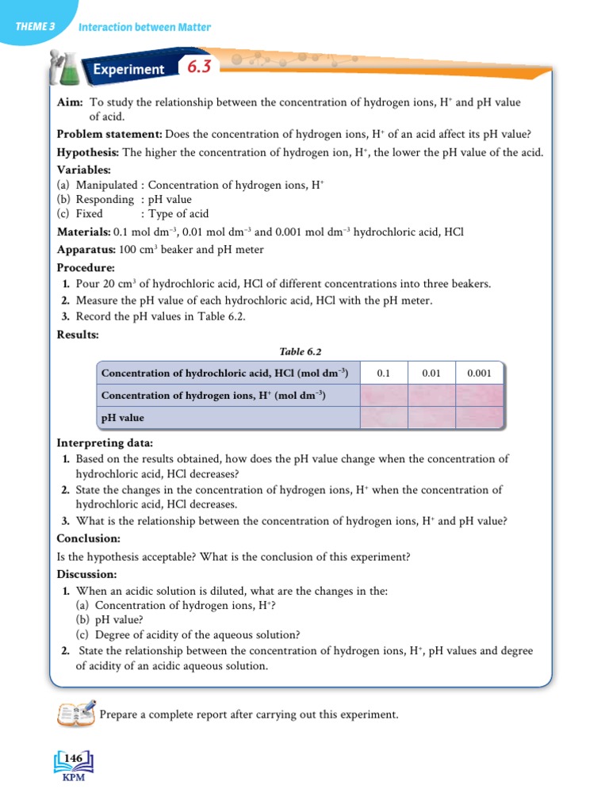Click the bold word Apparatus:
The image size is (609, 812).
point(86,250)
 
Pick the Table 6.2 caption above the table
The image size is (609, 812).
point(300,352)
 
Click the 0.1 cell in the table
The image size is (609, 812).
point(384,373)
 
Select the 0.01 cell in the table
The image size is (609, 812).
point(431,373)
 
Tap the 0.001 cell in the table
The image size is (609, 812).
point(479,373)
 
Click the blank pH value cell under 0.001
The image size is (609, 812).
point(479,417)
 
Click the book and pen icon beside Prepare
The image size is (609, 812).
point(75,712)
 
